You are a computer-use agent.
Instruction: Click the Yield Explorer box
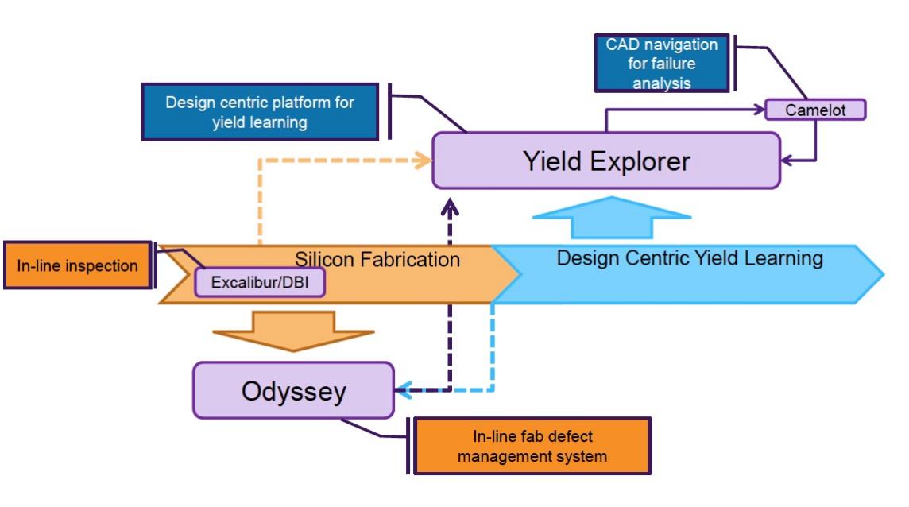coord(606,161)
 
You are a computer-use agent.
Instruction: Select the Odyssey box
coord(293,390)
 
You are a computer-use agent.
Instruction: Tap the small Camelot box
coord(815,110)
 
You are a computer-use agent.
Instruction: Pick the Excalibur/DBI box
coord(260,282)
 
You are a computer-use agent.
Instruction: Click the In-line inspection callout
coord(77,265)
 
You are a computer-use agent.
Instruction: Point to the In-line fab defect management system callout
coord(532,446)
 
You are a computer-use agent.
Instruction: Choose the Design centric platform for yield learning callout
coord(259,112)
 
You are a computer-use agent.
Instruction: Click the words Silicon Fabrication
coord(377,259)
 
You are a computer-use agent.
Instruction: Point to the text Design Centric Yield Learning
coord(690,258)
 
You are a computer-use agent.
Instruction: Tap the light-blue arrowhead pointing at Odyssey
coord(403,390)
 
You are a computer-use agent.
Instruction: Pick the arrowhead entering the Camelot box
coord(760,110)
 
